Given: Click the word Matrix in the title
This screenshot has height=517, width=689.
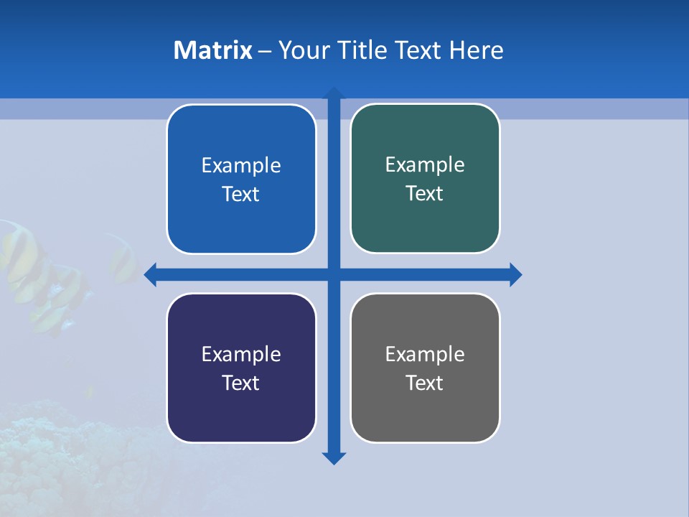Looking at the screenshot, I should [x=213, y=50].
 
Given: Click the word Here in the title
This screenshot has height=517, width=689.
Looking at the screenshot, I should [x=477, y=50].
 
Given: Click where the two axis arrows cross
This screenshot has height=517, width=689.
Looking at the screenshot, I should [x=334, y=274].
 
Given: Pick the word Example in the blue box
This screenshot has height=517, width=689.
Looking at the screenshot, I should [x=241, y=166].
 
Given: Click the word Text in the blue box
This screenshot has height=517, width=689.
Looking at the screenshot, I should [x=241, y=194].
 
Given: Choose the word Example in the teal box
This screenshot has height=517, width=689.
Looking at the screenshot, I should [x=425, y=165].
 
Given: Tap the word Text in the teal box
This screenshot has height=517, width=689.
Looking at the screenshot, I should [x=425, y=193].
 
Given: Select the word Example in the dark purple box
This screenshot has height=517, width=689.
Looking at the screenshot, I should [x=241, y=354].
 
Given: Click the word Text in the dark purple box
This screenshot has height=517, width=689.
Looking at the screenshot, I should [x=241, y=383].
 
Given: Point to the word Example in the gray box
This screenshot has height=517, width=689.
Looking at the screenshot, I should [x=425, y=354].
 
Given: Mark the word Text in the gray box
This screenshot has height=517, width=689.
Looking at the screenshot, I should [x=425, y=383].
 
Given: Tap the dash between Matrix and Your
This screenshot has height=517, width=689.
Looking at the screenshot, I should [x=265, y=51].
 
